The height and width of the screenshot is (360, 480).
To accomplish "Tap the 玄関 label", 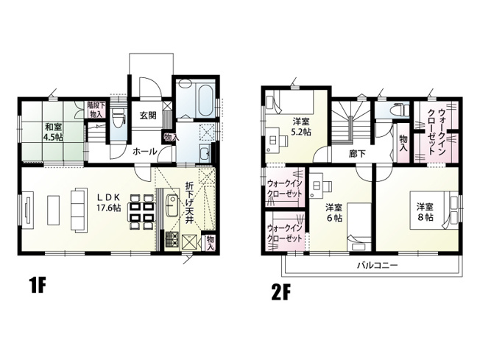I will click(147, 116).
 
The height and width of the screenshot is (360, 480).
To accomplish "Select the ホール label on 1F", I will click(144, 151).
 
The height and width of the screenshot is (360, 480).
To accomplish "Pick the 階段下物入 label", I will click(95, 110).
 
